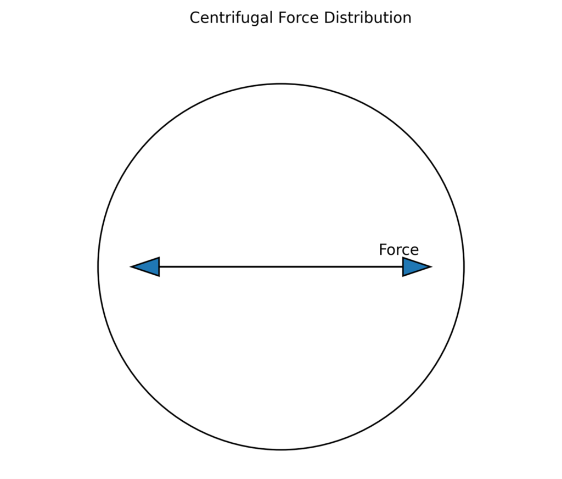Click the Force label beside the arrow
pos(398,250)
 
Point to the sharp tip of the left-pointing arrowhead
pos(131,267)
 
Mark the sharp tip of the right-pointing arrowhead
pos(431,267)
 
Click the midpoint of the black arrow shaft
pos(281,267)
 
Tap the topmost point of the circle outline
pos(281,84)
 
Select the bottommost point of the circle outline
pos(281,449)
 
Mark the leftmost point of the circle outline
pos(98,267)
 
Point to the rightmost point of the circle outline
pos(464,267)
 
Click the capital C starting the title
pos(194,18)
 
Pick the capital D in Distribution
pos(328,18)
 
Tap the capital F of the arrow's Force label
pos(383,250)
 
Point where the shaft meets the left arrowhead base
pos(159,267)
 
